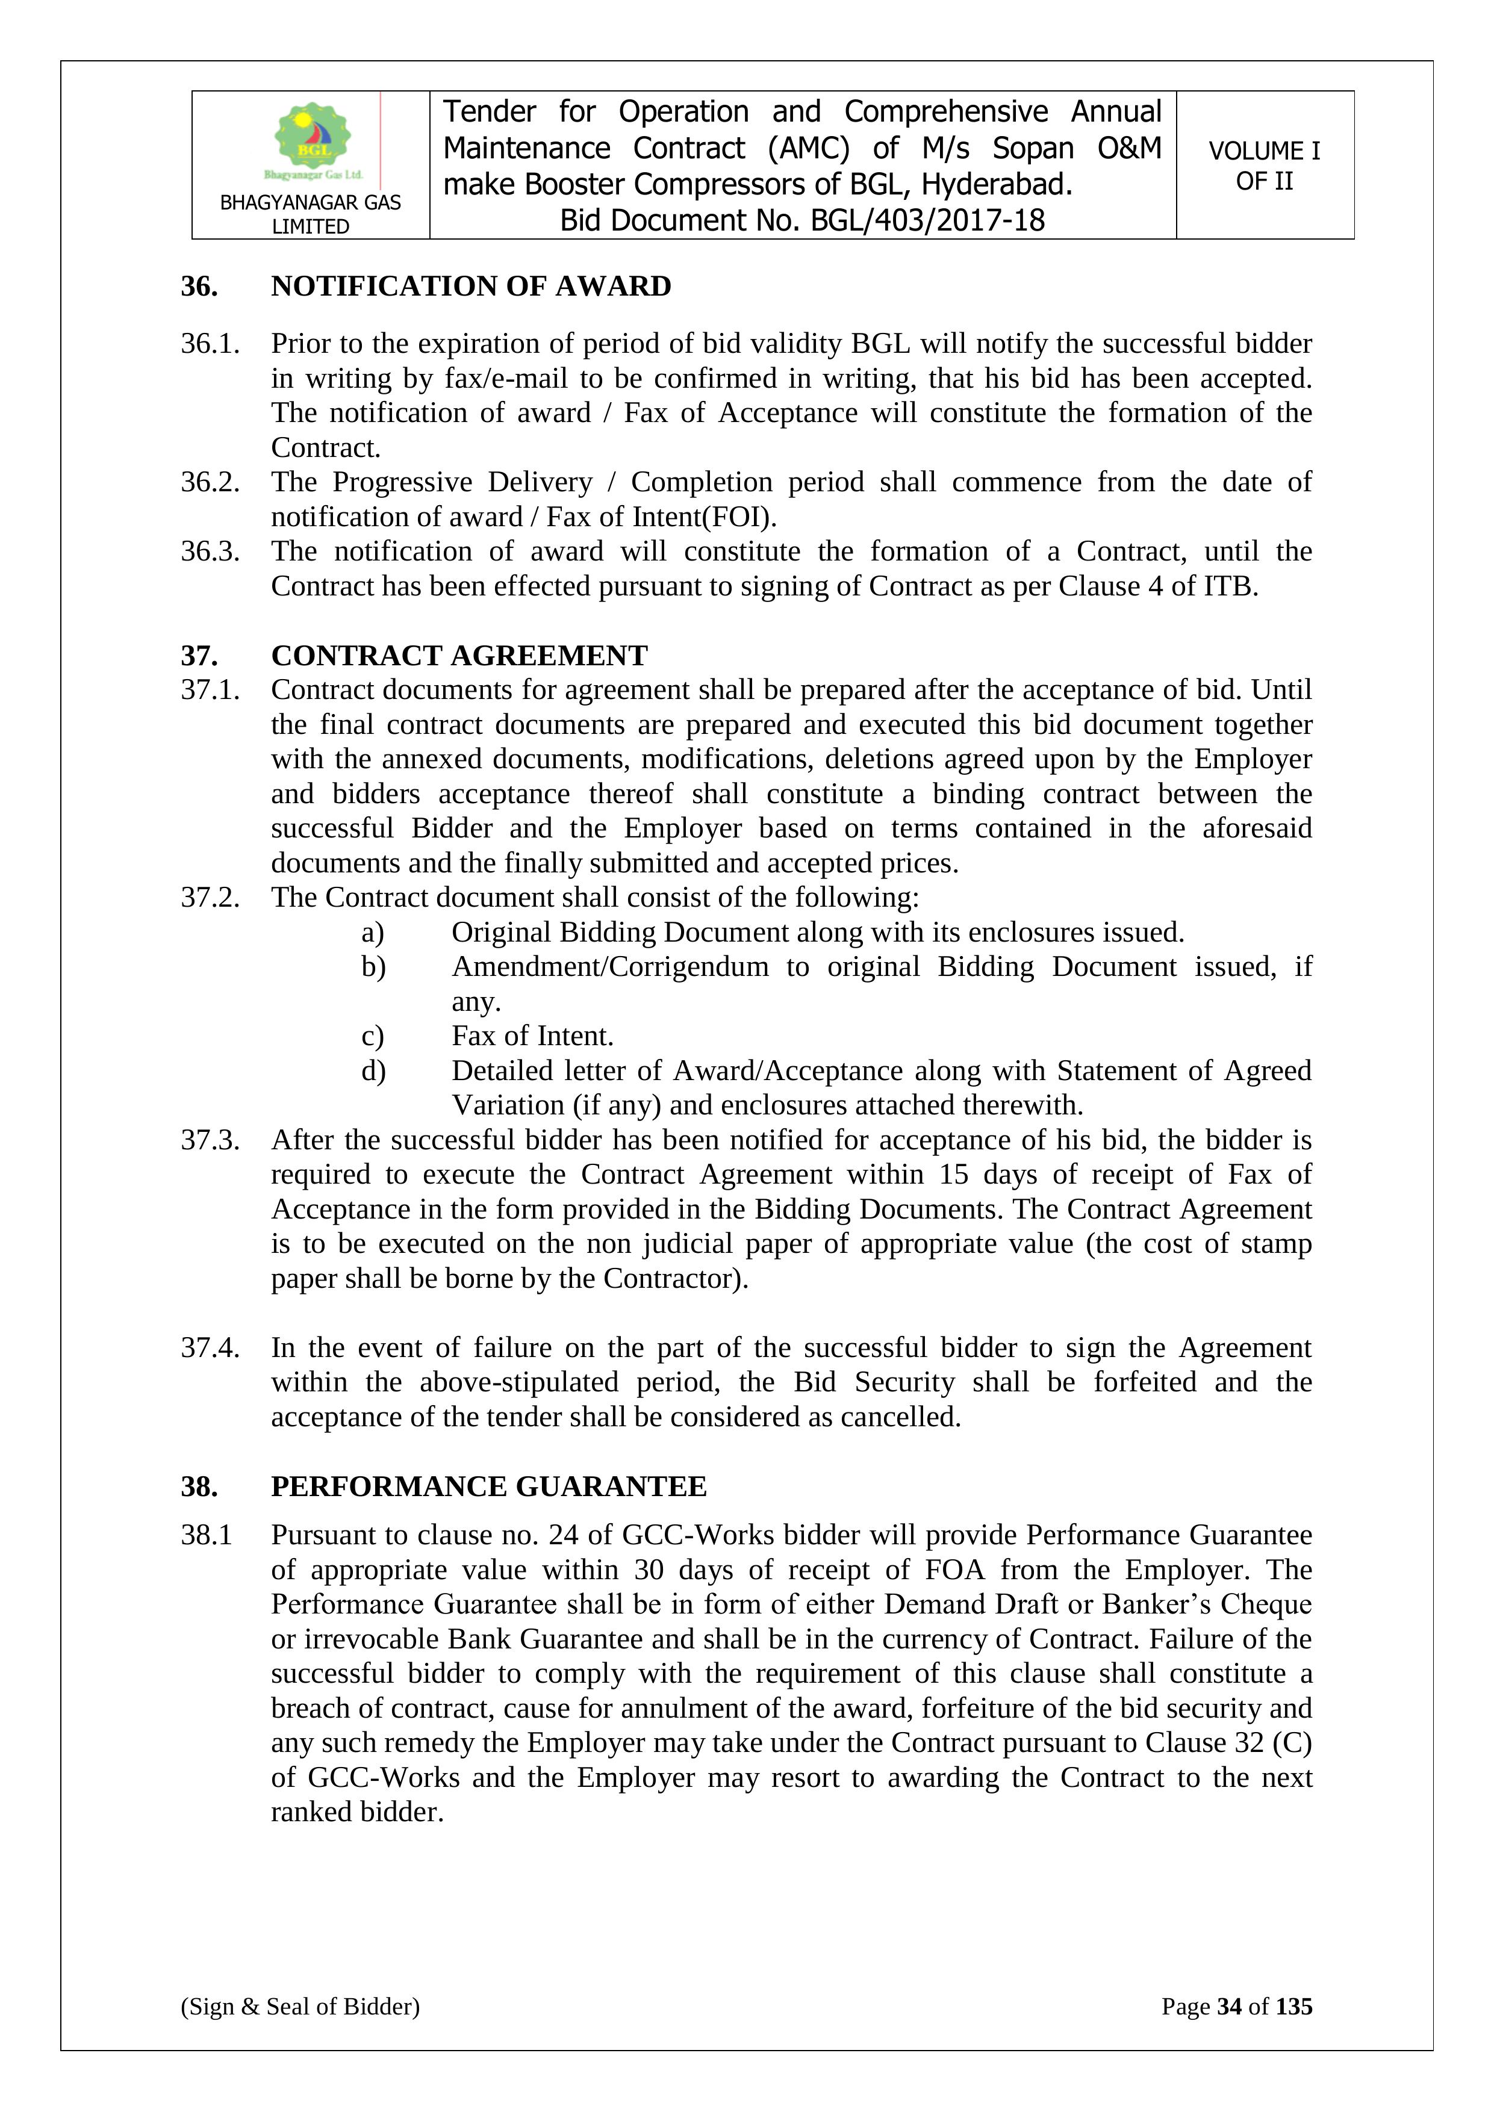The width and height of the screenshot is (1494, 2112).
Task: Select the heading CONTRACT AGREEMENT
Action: point(459,655)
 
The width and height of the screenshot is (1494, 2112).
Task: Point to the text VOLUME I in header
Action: point(1264,151)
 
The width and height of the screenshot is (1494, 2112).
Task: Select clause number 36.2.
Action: point(210,482)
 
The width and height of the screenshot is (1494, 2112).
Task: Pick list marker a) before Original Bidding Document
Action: point(373,932)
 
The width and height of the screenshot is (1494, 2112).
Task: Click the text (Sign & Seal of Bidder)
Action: point(300,2006)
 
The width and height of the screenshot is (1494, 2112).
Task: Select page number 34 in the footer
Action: point(1229,2006)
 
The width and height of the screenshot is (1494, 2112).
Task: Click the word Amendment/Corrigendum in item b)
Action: point(610,967)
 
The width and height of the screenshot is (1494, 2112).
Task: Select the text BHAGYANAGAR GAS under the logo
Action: point(310,202)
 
